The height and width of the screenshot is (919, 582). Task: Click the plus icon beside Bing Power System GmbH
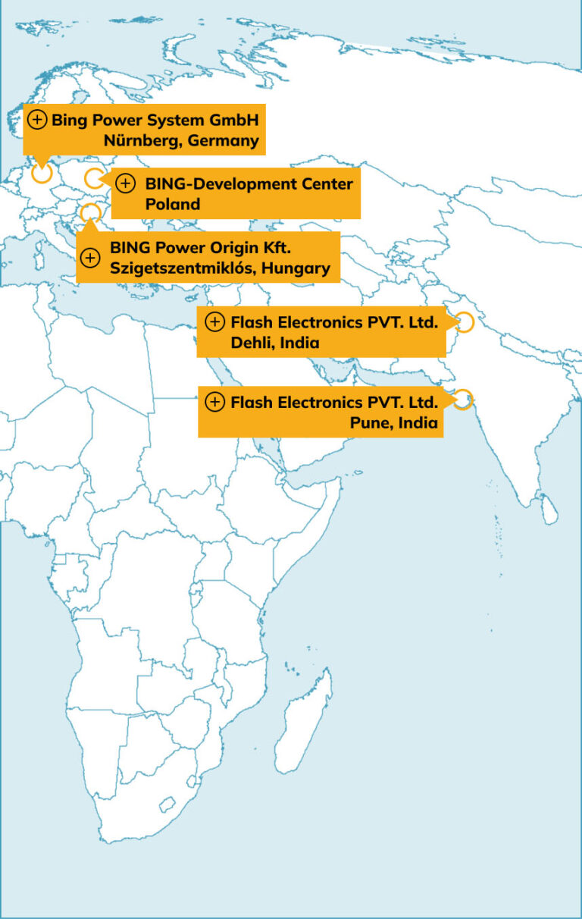tap(37, 120)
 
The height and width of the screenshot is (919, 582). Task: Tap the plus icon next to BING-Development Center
tap(126, 183)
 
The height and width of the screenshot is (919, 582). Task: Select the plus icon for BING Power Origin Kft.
tap(90, 258)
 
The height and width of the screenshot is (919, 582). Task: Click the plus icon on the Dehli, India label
tap(215, 321)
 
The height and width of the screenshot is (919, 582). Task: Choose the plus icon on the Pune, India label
tap(215, 402)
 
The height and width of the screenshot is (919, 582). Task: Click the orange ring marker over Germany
tap(42, 173)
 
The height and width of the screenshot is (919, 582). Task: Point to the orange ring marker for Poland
tap(93, 179)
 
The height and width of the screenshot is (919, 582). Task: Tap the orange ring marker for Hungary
tap(90, 213)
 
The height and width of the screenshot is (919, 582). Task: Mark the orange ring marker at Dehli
tap(465, 322)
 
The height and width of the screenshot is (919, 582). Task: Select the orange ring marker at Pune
tap(462, 400)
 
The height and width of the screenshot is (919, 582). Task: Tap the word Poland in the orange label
tap(173, 204)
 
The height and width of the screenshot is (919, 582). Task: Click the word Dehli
tap(252, 342)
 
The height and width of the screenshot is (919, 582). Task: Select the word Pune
tap(368, 422)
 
